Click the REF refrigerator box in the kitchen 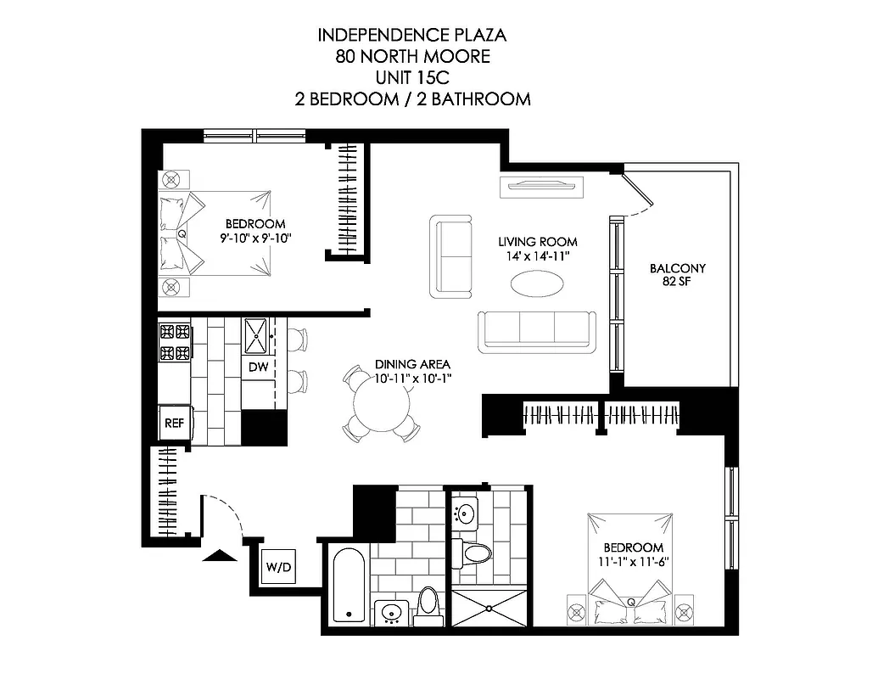[x=174, y=422]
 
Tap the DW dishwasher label [x=258, y=367]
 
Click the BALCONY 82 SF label [x=677, y=275]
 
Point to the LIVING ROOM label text [x=537, y=241]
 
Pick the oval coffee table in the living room [x=538, y=283]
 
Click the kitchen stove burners [x=175, y=342]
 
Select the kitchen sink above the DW [x=258, y=337]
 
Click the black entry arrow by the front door [x=220, y=556]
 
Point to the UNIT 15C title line [x=412, y=78]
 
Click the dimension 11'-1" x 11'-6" [x=632, y=561]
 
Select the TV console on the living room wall [x=540, y=186]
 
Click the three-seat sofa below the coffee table [x=536, y=331]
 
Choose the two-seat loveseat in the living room [x=451, y=255]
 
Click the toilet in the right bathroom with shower [x=477, y=553]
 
